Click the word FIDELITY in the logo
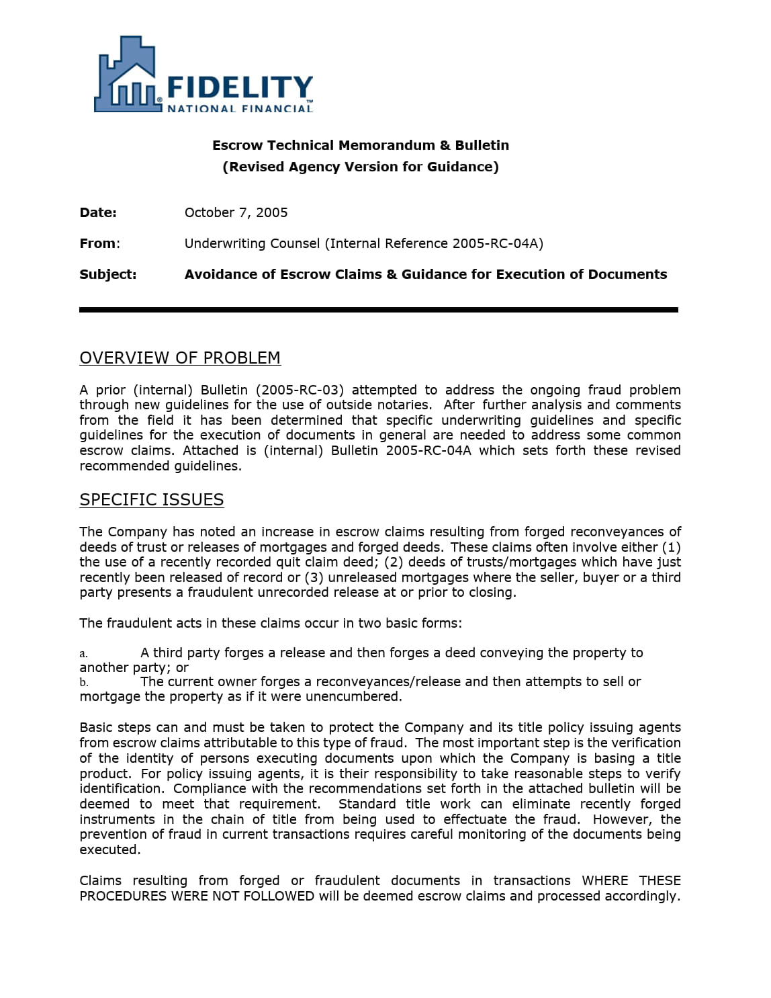[x=238, y=88]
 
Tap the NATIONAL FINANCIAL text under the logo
[x=239, y=108]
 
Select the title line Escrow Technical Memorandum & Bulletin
[x=361, y=145]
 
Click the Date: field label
[x=98, y=212]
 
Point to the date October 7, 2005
[x=236, y=212]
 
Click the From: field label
[x=99, y=243]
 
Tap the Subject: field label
[x=107, y=274]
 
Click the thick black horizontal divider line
[x=378, y=310]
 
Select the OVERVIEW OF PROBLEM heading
[x=180, y=358]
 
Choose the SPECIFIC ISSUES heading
[x=152, y=499]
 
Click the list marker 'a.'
[x=83, y=653]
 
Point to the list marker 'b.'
[x=83, y=682]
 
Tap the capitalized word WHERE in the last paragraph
[x=604, y=880]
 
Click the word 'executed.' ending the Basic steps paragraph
[x=110, y=849]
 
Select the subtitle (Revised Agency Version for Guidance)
[x=361, y=167]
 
